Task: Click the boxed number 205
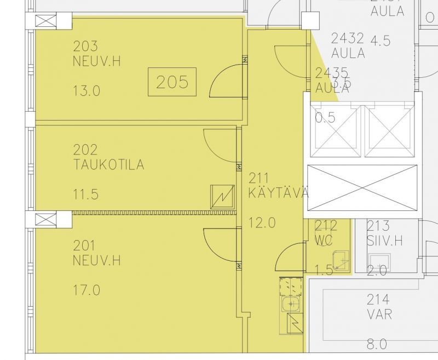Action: click(x=172, y=82)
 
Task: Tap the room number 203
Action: click(x=85, y=46)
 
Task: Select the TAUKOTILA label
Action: click(x=108, y=164)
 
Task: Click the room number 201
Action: click(x=85, y=245)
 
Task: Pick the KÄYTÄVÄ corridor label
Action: click(x=279, y=193)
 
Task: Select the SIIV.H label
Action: click(x=385, y=240)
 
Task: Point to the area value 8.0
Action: click(x=377, y=344)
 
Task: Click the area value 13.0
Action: click(x=87, y=91)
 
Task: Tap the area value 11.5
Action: click(x=87, y=194)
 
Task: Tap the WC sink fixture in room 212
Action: click(x=341, y=259)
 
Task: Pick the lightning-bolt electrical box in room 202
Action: click(x=222, y=197)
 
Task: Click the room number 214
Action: click(x=378, y=299)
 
